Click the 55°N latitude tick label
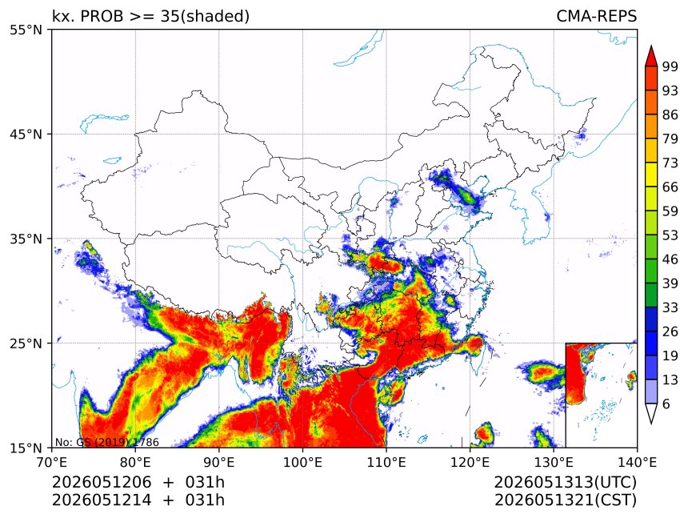pyautogui.click(x=26, y=30)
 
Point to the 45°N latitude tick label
pyautogui.click(x=26, y=134)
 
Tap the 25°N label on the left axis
pyautogui.click(x=26, y=343)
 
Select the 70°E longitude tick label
pyautogui.click(x=52, y=462)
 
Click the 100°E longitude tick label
pyautogui.click(x=302, y=462)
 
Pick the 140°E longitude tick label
pyautogui.click(x=637, y=462)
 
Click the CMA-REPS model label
pyautogui.click(x=596, y=16)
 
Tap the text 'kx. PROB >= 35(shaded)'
pyautogui.click(x=151, y=16)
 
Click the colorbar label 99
pyautogui.click(x=670, y=66)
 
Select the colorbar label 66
pyautogui.click(x=670, y=187)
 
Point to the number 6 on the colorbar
pyautogui.click(x=666, y=404)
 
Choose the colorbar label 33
pyautogui.click(x=670, y=307)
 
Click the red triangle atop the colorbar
pyautogui.click(x=651, y=56)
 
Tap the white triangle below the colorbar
pyautogui.click(x=651, y=413)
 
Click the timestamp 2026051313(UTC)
pyautogui.click(x=566, y=483)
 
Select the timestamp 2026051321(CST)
pyautogui.click(x=566, y=500)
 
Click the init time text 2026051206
pyautogui.click(x=102, y=483)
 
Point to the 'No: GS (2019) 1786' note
pyautogui.click(x=107, y=442)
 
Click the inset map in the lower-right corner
pyautogui.click(x=601, y=395)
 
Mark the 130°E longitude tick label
pyautogui.click(x=554, y=462)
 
